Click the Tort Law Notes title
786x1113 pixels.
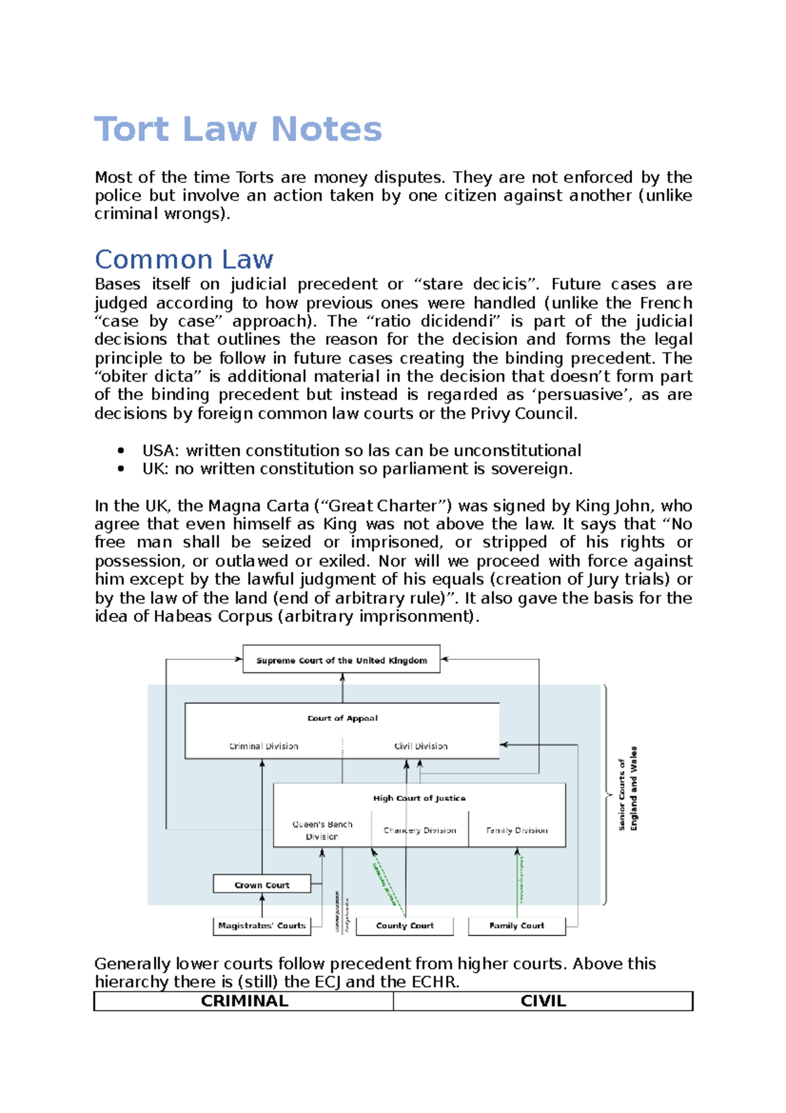tap(238, 128)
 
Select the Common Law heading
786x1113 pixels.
tap(184, 259)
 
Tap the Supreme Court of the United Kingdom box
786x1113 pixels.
tap(341, 660)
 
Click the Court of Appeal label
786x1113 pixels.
tap(343, 718)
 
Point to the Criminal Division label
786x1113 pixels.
tap(263, 746)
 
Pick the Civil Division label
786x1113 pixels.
tap(421, 746)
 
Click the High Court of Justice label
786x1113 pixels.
tap(419, 798)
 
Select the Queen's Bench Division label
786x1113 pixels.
tap(322, 830)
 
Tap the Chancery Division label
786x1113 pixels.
tap(420, 830)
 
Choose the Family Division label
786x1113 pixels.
tap(517, 830)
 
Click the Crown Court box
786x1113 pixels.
tap(261, 884)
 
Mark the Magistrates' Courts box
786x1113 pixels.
tap(261, 926)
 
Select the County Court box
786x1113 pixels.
tap(405, 926)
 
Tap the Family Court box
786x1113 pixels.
tap(516, 926)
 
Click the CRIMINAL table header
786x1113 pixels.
tap(244, 1001)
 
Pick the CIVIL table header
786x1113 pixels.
tap(543, 1001)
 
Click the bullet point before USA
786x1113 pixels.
tap(121, 450)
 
